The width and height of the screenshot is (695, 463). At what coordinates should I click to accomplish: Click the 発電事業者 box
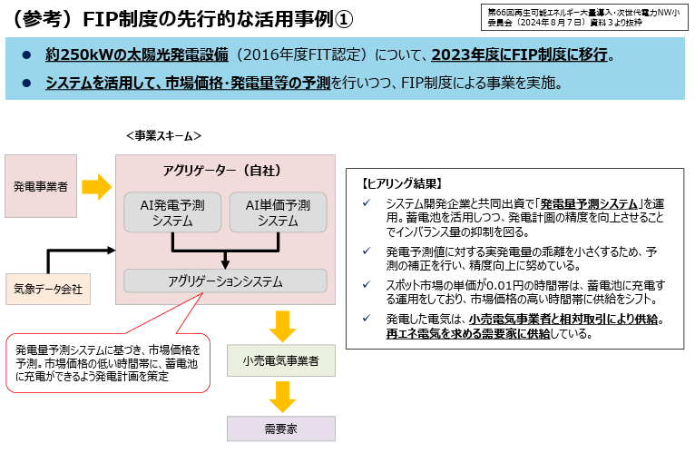point(40,186)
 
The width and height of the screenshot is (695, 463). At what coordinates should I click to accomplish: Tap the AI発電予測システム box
point(172,212)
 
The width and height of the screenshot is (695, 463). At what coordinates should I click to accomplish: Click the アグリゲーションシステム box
point(225,281)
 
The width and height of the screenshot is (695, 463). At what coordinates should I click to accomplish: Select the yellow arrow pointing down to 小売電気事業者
point(282,326)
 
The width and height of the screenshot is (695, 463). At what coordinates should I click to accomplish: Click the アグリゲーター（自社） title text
point(222,170)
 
